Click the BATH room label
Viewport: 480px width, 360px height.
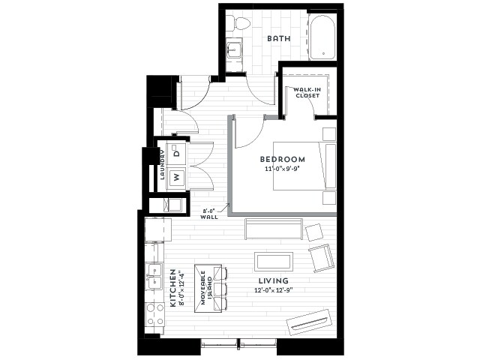click(x=278, y=38)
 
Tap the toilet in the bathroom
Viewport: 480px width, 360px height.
click(x=239, y=23)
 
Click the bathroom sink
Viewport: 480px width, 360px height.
click(x=235, y=49)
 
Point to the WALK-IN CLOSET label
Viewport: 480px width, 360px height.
click(x=307, y=93)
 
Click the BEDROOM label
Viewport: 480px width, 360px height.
click(x=282, y=159)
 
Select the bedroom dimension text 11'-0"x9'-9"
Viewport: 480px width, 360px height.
click(x=281, y=169)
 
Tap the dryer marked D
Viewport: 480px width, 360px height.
click(x=176, y=152)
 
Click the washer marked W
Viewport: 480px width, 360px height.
click(x=176, y=177)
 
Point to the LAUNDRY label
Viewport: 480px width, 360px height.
click(x=162, y=165)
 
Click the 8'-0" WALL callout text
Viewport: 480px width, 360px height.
click(x=209, y=214)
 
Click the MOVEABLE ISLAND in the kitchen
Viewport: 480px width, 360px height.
click(x=208, y=288)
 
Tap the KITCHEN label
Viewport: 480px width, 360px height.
click(x=173, y=288)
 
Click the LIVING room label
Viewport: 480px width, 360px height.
click(x=273, y=280)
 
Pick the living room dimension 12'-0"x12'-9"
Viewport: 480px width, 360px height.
click(x=274, y=290)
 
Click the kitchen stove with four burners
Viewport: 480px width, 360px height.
click(x=154, y=314)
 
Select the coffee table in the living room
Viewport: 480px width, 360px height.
click(x=274, y=262)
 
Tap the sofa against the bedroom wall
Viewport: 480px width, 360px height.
click(x=274, y=229)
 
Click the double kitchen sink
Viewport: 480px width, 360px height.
click(x=154, y=277)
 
